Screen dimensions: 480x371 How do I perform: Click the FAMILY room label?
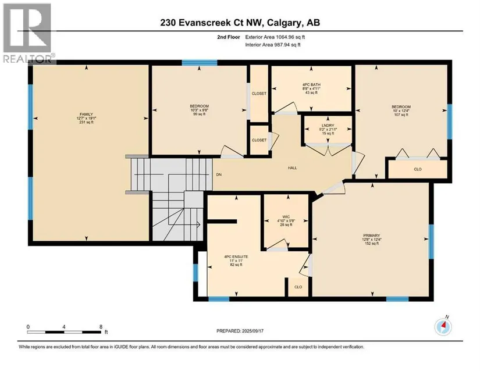coord(86,115)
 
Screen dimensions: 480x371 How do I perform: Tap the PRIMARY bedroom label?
coord(372,236)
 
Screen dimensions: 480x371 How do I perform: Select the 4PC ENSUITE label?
coord(236,257)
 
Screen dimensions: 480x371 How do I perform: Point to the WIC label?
coord(286,217)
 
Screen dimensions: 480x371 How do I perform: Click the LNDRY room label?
coord(328,126)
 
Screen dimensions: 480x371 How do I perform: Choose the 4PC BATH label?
coord(311,85)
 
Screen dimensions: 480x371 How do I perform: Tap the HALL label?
coord(292,168)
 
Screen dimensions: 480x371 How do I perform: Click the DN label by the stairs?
coord(219,174)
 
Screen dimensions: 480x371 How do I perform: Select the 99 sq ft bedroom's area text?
coord(200,114)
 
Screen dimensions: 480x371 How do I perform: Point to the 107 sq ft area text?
coord(401,115)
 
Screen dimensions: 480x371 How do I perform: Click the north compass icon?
coord(443,326)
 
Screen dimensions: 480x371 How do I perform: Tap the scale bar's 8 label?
coord(101,327)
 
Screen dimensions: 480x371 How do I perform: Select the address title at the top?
coord(240,23)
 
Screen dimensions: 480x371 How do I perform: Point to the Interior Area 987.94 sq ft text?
coord(273,45)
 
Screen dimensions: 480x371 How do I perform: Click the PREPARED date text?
coord(240,331)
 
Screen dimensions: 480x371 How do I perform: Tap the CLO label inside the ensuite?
coord(298,287)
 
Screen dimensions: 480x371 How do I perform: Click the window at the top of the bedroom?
coord(200,63)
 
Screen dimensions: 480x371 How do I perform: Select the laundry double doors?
coord(328,149)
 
